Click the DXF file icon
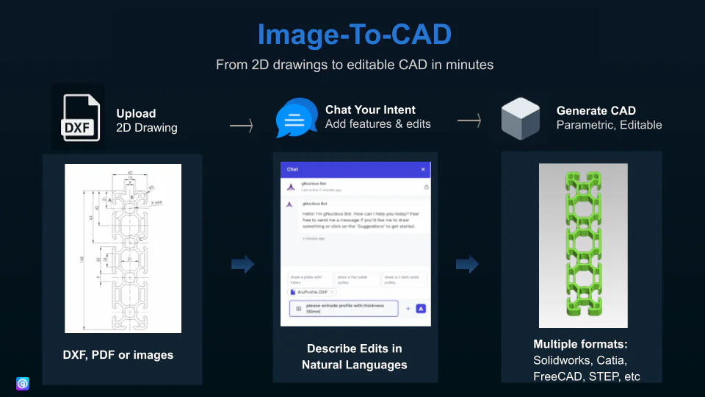click(x=79, y=117)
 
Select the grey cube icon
click(x=521, y=118)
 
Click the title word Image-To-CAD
click(x=353, y=35)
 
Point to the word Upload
click(x=136, y=113)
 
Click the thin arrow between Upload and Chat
click(x=242, y=126)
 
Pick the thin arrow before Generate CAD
click(x=470, y=121)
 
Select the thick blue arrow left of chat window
click(x=243, y=264)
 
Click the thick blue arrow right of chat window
click(x=467, y=264)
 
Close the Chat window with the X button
click(x=423, y=169)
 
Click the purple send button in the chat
click(x=421, y=309)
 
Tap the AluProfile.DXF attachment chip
click(x=313, y=292)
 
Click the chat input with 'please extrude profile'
click(x=344, y=309)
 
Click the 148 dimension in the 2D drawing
click(x=82, y=258)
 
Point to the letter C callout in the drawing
click(x=140, y=240)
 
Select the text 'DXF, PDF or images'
click(x=118, y=355)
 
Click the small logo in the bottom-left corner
click(x=23, y=383)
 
